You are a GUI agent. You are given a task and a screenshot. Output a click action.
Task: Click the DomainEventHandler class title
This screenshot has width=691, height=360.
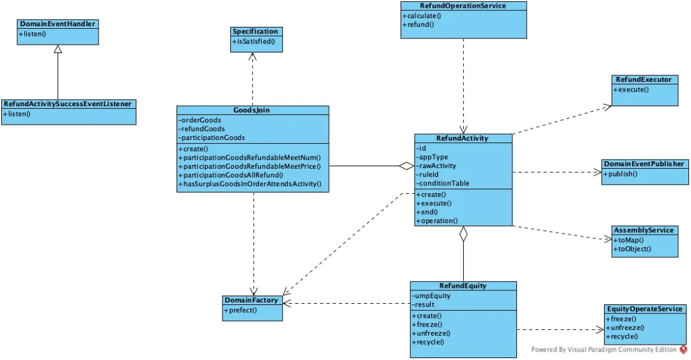[58, 24]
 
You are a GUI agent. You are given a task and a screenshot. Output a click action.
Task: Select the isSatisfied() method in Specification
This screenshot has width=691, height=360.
[253, 42]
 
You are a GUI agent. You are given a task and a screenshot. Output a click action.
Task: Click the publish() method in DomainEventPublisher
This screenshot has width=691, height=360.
[620, 174]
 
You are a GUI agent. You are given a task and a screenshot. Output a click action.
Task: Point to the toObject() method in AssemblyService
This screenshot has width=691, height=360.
[632, 249]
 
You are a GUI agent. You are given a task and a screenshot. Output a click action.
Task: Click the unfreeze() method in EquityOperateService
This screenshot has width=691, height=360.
[625, 328]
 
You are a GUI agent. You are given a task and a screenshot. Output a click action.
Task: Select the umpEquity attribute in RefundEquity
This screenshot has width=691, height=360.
[431, 295]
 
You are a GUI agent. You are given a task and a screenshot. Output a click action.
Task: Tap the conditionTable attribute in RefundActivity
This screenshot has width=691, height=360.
[443, 184]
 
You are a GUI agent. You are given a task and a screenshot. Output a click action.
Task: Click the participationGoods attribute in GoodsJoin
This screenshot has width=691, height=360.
[212, 137]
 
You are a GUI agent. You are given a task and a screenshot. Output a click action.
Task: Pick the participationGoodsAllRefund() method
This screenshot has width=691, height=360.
[230, 175]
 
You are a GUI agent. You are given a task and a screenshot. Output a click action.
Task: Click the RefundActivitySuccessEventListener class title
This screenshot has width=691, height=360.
[68, 104]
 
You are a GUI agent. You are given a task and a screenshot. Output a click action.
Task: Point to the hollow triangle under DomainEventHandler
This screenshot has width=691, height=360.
[58, 49]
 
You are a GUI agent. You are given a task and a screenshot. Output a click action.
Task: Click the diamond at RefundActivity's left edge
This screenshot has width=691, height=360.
[407, 166]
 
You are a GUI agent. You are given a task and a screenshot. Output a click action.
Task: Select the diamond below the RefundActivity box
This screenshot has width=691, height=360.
[463, 234]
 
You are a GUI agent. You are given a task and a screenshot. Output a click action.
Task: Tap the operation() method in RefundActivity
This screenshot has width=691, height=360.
[437, 221]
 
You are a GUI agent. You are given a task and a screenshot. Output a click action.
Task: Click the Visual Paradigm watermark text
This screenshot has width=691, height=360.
[604, 349]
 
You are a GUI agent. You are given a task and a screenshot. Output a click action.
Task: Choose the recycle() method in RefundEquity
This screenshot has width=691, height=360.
[428, 342]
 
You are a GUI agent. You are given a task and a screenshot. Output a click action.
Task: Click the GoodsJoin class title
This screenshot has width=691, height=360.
[251, 110]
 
